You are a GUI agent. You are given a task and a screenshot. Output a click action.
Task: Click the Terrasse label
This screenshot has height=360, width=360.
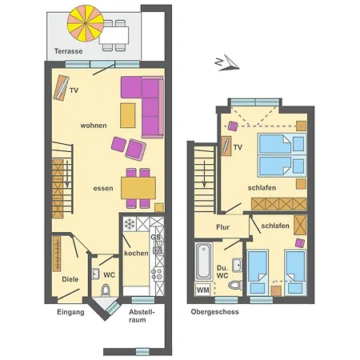68,51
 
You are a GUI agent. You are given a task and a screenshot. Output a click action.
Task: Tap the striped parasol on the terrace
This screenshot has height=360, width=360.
86,24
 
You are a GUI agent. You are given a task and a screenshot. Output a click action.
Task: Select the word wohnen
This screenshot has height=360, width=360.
94,126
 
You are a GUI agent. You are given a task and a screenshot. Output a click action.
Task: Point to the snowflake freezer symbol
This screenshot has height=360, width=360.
130,224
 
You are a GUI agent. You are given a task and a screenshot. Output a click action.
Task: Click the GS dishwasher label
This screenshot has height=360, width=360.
156,237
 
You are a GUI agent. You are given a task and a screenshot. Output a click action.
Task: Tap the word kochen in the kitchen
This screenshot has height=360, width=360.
136,253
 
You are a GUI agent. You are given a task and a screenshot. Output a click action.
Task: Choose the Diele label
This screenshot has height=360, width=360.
70,279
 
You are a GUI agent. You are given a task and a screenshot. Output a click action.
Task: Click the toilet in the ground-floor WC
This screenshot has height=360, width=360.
106,290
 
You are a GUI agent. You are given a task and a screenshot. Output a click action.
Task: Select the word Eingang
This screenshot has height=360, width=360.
70,312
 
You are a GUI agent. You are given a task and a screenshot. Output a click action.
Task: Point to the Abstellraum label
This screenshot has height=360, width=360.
142,316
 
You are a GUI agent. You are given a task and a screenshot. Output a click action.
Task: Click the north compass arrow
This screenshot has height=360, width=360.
229,63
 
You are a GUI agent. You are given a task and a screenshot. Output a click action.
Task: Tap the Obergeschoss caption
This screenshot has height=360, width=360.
214,312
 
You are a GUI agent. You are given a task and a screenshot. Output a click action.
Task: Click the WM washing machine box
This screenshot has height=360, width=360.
203,290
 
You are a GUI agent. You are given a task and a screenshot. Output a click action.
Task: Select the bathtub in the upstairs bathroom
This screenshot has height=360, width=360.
203,261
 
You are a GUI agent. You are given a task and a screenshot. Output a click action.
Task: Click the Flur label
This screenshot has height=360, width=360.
222,227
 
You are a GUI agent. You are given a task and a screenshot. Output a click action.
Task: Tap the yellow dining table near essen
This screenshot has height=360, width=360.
138,188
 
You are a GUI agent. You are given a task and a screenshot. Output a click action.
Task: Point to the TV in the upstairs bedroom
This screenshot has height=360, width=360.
226,146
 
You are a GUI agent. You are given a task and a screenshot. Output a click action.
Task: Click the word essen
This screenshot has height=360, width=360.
103,188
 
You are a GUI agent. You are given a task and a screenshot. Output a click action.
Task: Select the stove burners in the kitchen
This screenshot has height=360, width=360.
157,274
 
